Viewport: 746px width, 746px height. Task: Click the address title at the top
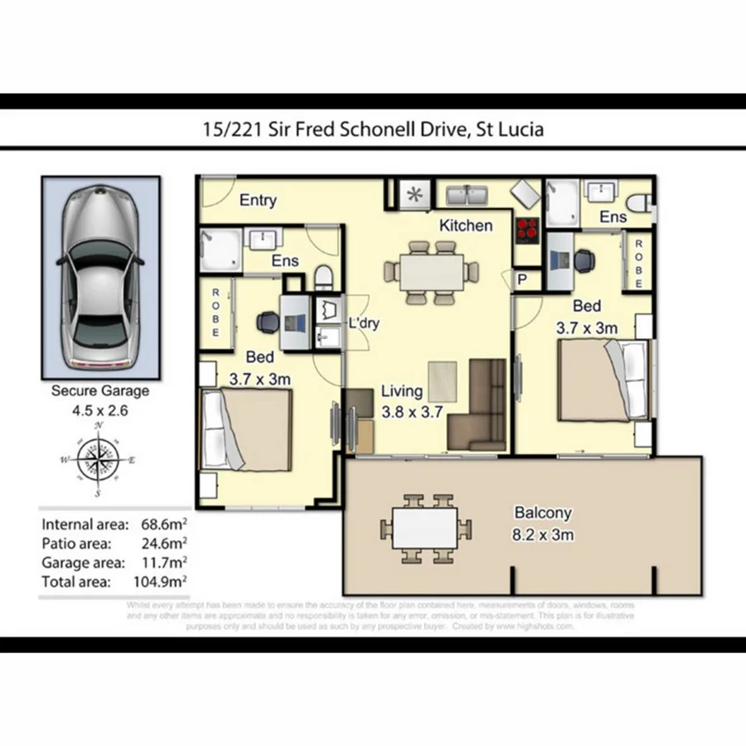click(373, 129)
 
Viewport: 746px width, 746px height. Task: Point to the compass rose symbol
click(99, 460)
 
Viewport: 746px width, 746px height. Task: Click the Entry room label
click(258, 201)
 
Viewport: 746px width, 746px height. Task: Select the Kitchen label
click(466, 225)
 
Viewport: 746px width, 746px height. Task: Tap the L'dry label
click(364, 323)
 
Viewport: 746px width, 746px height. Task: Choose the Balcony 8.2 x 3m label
click(543, 524)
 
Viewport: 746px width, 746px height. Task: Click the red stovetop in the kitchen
click(527, 229)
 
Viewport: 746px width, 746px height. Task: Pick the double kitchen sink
click(469, 196)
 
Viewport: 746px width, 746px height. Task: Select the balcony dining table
click(426, 527)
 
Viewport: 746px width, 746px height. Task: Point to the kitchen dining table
click(433, 270)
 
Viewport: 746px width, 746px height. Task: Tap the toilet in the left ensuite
click(326, 274)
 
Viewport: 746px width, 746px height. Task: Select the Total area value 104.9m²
click(162, 582)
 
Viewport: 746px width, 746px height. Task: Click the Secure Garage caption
click(100, 390)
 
